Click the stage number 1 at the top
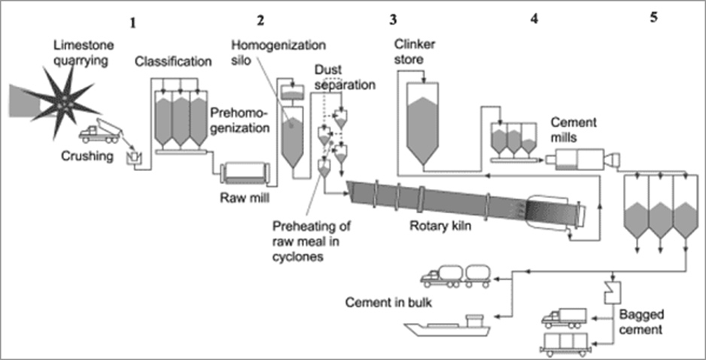[133, 23]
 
